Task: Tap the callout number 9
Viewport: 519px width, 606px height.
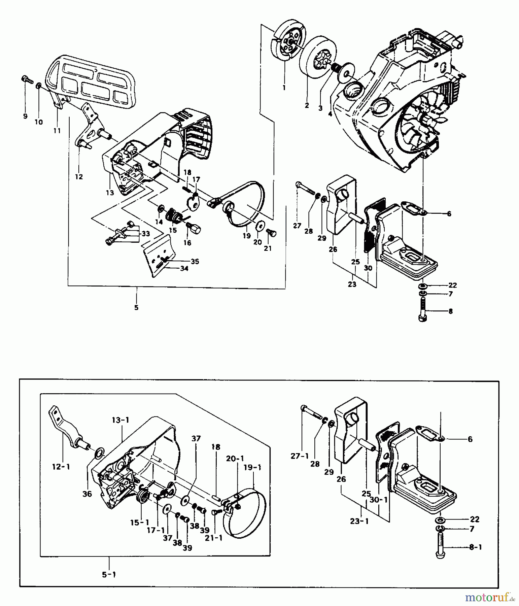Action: [25, 116]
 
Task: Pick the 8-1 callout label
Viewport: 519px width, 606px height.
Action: [475, 547]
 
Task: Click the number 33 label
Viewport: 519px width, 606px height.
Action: [145, 233]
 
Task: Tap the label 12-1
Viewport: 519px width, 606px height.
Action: [61, 467]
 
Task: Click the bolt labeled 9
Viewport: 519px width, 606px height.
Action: [27, 79]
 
